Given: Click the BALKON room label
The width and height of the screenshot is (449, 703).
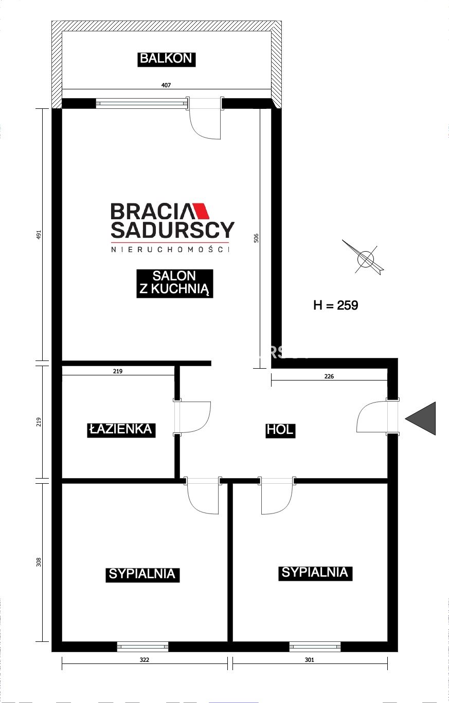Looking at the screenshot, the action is pyautogui.click(x=166, y=59).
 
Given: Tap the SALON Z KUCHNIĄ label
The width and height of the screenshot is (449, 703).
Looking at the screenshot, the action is pyautogui.click(x=174, y=283).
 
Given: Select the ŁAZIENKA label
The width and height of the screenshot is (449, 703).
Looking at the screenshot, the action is pyautogui.click(x=121, y=430).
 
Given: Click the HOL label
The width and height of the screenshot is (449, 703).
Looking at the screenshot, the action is pyautogui.click(x=280, y=430).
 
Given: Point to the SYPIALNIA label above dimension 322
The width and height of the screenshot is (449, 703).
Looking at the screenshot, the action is pyautogui.click(x=142, y=574).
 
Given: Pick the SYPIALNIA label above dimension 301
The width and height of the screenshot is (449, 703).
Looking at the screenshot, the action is pyautogui.click(x=315, y=573).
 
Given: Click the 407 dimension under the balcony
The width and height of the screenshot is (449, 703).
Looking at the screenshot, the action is pyautogui.click(x=166, y=85).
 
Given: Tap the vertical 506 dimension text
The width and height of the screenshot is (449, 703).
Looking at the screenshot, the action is pyautogui.click(x=256, y=238).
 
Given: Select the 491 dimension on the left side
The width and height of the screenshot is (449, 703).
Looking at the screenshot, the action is pyautogui.click(x=39, y=235).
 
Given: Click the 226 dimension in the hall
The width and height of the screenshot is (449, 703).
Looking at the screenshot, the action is pyautogui.click(x=329, y=376).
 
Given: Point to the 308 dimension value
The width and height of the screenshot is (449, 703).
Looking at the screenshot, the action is pyautogui.click(x=39, y=562).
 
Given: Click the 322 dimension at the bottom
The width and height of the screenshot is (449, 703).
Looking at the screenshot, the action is pyautogui.click(x=145, y=660).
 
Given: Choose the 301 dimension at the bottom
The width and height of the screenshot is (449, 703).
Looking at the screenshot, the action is pyautogui.click(x=310, y=660).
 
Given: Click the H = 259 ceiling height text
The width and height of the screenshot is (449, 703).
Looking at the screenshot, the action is pyautogui.click(x=335, y=305).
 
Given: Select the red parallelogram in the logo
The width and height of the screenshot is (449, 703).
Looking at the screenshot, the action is pyautogui.click(x=201, y=211).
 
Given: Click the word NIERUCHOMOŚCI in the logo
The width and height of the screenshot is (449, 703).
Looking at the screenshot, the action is pyautogui.click(x=170, y=250).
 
